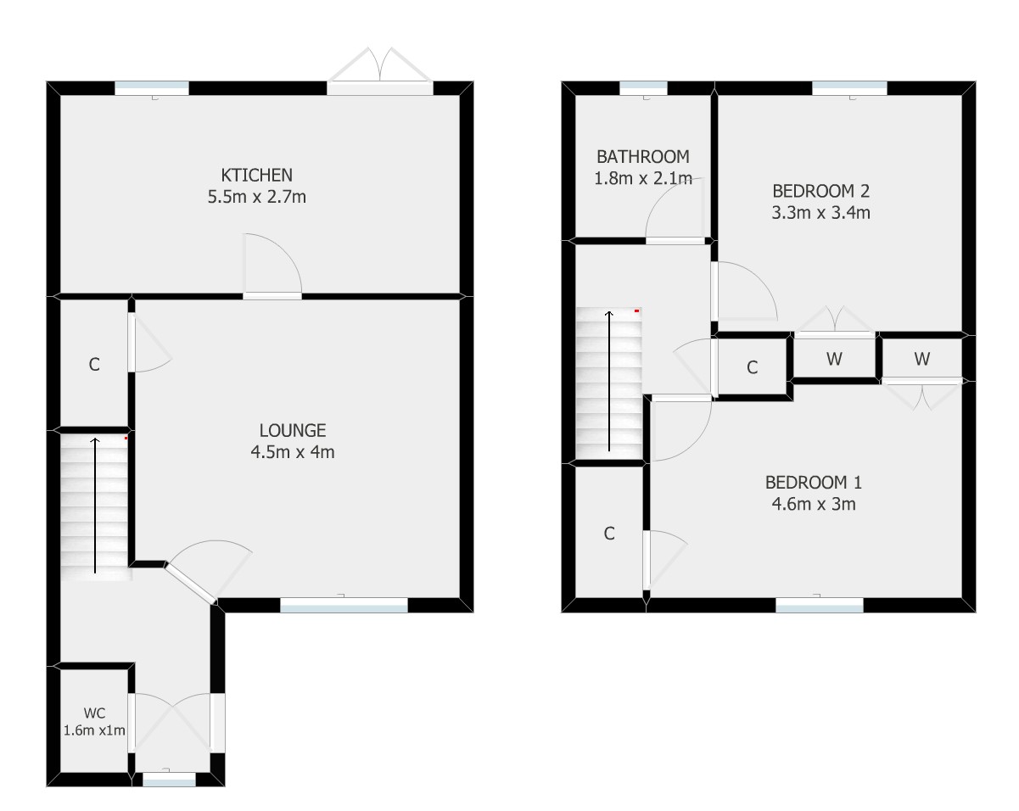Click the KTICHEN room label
pyautogui.click(x=256, y=175)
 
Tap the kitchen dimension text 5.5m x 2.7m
pyautogui.click(x=256, y=197)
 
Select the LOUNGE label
pyautogui.click(x=293, y=430)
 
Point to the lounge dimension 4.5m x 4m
pyautogui.click(x=293, y=452)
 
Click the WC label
pyautogui.click(x=94, y=713)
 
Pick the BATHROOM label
pyautogui.click(x=642, y=157)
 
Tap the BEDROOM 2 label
pyautogui.click(x=820, y=191)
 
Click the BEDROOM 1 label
pyautogui.click(x=814, y=483)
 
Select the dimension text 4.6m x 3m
pyautogui.click(x=814, y=504)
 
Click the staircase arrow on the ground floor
pyautogui.click(x=95, y=505)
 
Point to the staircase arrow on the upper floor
pyautogui.click(x=609, y=381)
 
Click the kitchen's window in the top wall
pyautogui.click(x=152, y=88)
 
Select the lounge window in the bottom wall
pyautogui.click(x=344, y=605)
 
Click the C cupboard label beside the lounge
pyautogui.click(x=94, y=365)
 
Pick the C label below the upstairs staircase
pyautogui.click(x=609, y=534)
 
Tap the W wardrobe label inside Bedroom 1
pyautogui.click(x=921, y=360)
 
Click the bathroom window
pyautogui.click(x=643, y=88)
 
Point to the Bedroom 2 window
pyautogui.click(x=849, y=88)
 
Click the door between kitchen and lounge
pyautogui.click(x=272, y=266)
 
